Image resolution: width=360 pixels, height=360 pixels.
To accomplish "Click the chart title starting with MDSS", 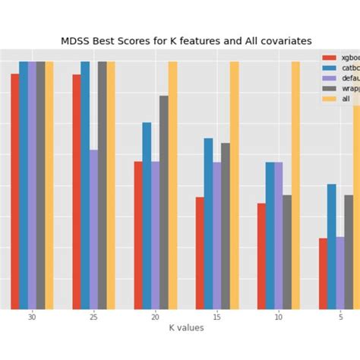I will [x=186, y=41].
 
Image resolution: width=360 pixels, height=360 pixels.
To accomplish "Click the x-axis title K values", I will [x=186, y=327].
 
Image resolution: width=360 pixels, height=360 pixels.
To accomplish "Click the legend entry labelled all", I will [x=346, y=99].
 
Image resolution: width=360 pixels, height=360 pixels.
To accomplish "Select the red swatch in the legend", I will [x=329, y=58].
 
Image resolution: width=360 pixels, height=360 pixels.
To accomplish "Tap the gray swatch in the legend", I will [x=329, y=88].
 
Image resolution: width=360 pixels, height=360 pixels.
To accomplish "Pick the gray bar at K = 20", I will [x=164, y=202].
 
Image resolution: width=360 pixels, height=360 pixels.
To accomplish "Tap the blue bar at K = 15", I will [x=208, y=223].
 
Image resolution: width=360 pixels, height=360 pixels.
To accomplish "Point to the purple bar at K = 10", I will [x=279, y=235].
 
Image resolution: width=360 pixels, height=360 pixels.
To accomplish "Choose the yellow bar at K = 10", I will [x=295, y=185].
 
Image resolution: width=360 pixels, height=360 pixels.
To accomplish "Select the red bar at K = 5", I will [x=323, y=273].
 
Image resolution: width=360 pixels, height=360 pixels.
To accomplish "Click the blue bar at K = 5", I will [x=331, y=246].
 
